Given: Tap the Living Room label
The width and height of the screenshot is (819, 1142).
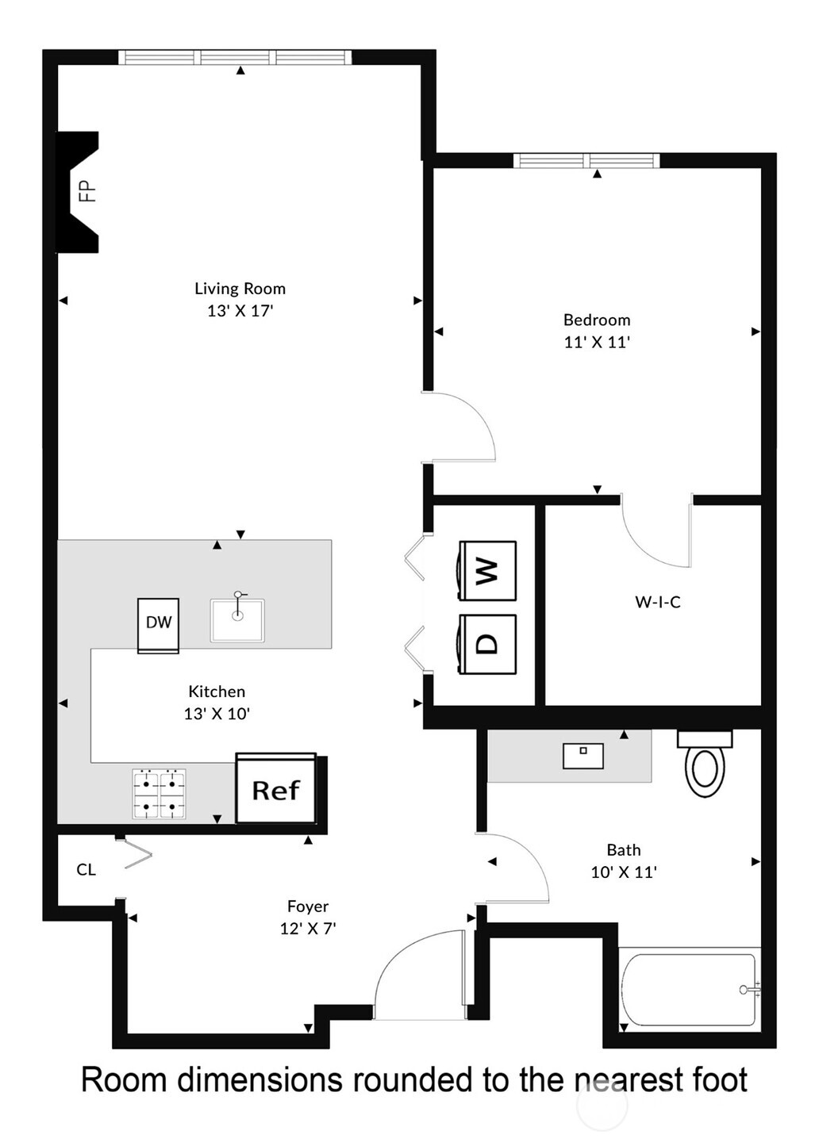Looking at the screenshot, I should (240, 289).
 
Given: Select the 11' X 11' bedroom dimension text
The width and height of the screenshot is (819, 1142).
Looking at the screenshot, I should (597, 343).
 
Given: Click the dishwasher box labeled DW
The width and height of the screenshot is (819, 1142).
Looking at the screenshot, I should (159, 624).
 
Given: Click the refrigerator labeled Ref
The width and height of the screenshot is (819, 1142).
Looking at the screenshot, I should (276, 789).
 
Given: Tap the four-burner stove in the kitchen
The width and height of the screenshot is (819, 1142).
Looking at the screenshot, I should (159, 794).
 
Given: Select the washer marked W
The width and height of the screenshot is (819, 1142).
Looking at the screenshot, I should (487, 570).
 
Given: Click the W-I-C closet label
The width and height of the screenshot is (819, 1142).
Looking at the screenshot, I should (658, 602).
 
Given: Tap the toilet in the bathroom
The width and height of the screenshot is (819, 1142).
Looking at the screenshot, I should (705, 765).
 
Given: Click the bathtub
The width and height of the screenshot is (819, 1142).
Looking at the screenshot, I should (688, 990).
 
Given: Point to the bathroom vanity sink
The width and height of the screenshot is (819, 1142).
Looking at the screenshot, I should (583, 756).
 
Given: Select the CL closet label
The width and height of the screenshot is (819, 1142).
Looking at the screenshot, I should (86, 870).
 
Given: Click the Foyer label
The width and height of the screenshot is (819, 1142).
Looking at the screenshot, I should (308, 906).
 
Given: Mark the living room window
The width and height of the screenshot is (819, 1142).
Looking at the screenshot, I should (235, 57).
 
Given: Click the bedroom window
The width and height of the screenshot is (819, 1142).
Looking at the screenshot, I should (586, 161).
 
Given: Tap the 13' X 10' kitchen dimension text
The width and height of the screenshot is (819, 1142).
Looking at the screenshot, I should (217, 714).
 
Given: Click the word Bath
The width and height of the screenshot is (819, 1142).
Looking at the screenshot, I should (624, 850).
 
